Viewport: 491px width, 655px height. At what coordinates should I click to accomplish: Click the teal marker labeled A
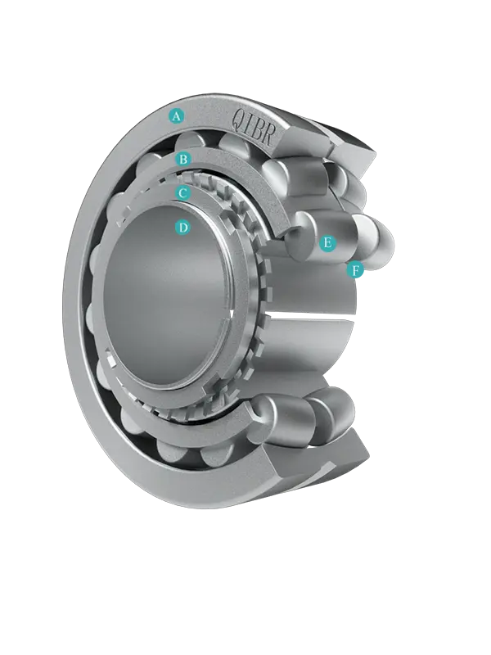pos(176,116)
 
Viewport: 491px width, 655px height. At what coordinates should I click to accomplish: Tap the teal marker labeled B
pos(183,159)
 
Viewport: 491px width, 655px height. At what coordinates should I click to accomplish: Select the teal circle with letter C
pos(183,193)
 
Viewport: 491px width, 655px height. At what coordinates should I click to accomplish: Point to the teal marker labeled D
pos(183,228)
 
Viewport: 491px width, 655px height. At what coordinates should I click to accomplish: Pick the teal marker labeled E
pos(327,243)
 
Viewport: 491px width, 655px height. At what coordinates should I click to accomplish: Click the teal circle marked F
pos(355,269)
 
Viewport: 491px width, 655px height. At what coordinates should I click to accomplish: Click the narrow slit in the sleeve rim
pos(233,312)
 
